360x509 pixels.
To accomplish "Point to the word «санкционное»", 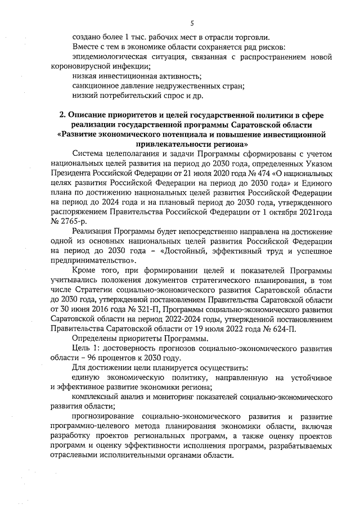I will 94,86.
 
